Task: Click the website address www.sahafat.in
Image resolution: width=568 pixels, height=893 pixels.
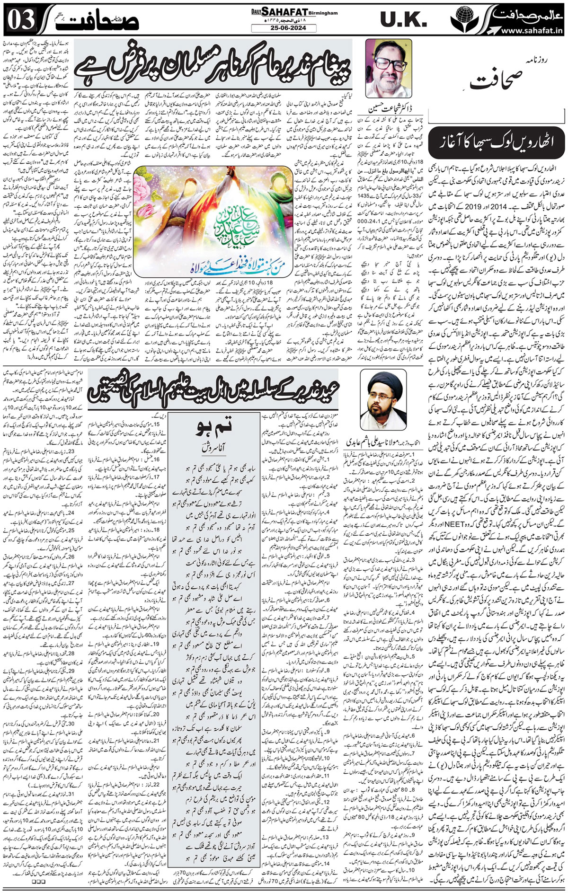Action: (x=530, y=30)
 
